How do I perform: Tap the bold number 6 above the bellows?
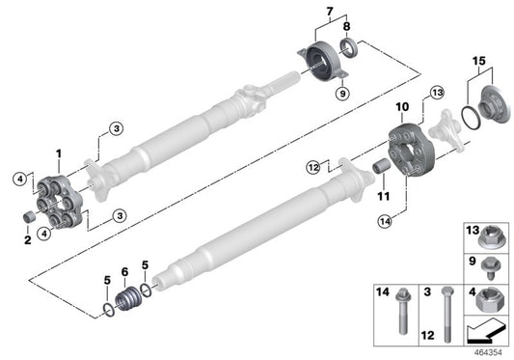pos(123,272)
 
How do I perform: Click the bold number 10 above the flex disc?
pos(402,104)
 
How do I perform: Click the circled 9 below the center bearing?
pos(340,95)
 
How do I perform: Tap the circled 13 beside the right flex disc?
pos(437,93)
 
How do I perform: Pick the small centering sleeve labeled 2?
pos(31,212)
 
